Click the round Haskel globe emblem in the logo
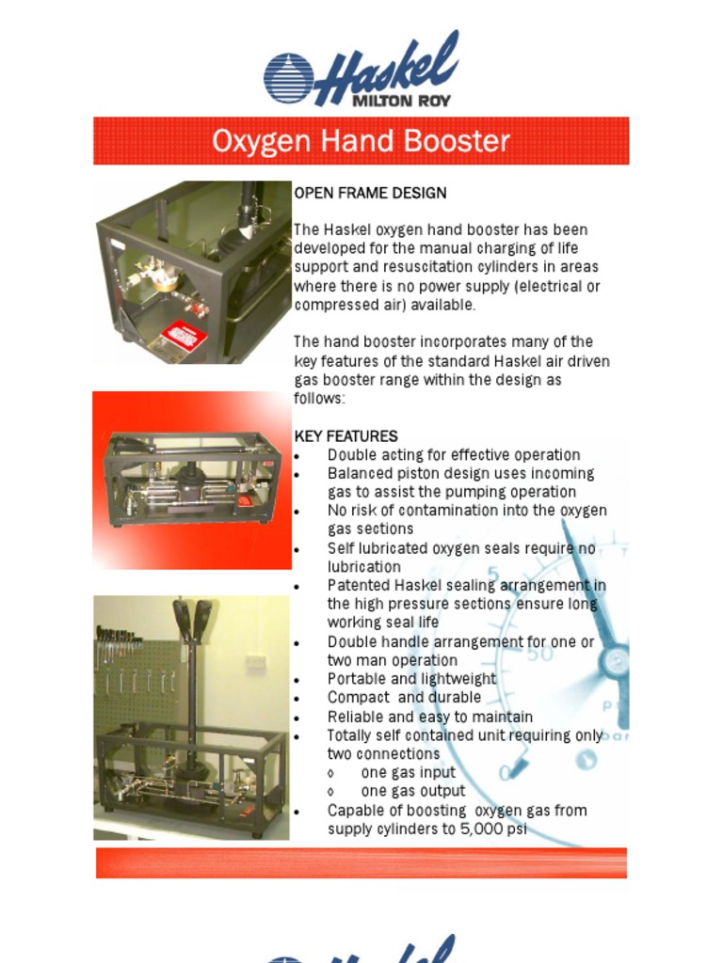288,77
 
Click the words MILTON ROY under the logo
400,100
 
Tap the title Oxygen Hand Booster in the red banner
361,141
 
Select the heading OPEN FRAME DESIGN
370,193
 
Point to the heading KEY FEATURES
345,436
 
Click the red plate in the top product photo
184,336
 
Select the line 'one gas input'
408,773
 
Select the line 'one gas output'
412,792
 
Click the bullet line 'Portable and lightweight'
411,679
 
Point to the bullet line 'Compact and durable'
404,698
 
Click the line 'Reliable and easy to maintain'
429,717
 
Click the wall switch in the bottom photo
255,662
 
